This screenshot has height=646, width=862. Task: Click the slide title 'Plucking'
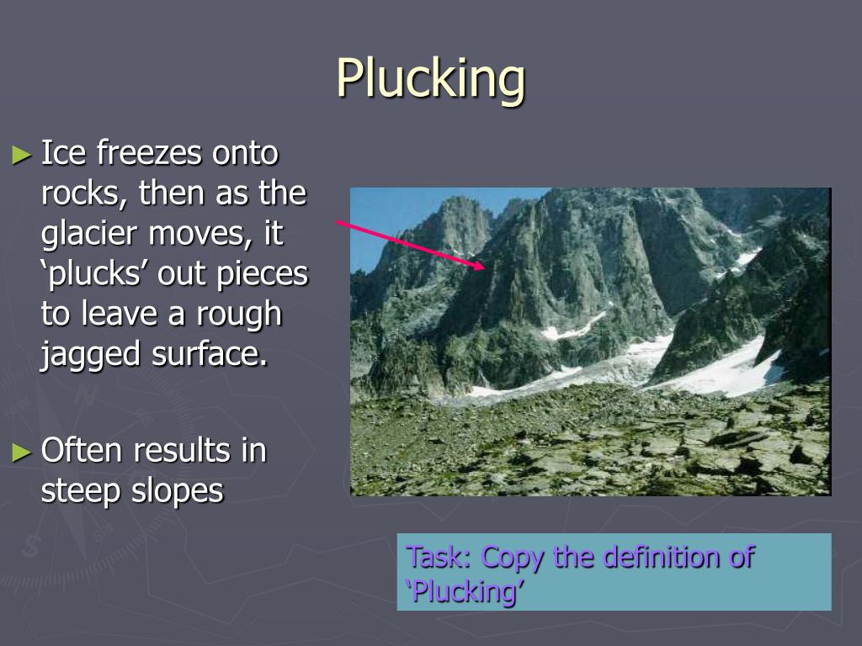pyautogui.click(x=431, y=78)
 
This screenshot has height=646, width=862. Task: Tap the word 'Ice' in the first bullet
pyautogui.click(x=64, y=154)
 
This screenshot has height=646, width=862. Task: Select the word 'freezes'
pyautogui.click(x=148, y=154)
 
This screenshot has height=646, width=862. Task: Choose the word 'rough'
pyautogui.click(x=239, y=314)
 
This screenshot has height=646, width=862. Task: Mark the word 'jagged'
pyautogui.click(x=92, y=354)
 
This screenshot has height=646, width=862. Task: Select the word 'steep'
pyautogui.click(x=82, y=491)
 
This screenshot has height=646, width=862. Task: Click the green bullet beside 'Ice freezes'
pyautogui.click(x=21, y=155)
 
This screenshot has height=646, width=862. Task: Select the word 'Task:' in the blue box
pyautogui.click(x=439, y=557)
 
